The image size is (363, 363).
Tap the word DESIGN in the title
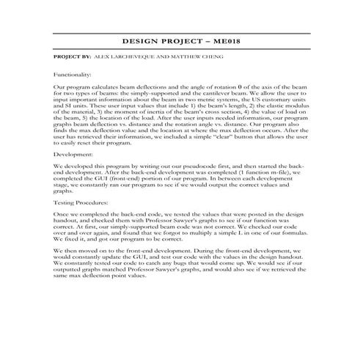[138, 43]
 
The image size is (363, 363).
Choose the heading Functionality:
[73, 75]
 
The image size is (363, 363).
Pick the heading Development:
[71, 156]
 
